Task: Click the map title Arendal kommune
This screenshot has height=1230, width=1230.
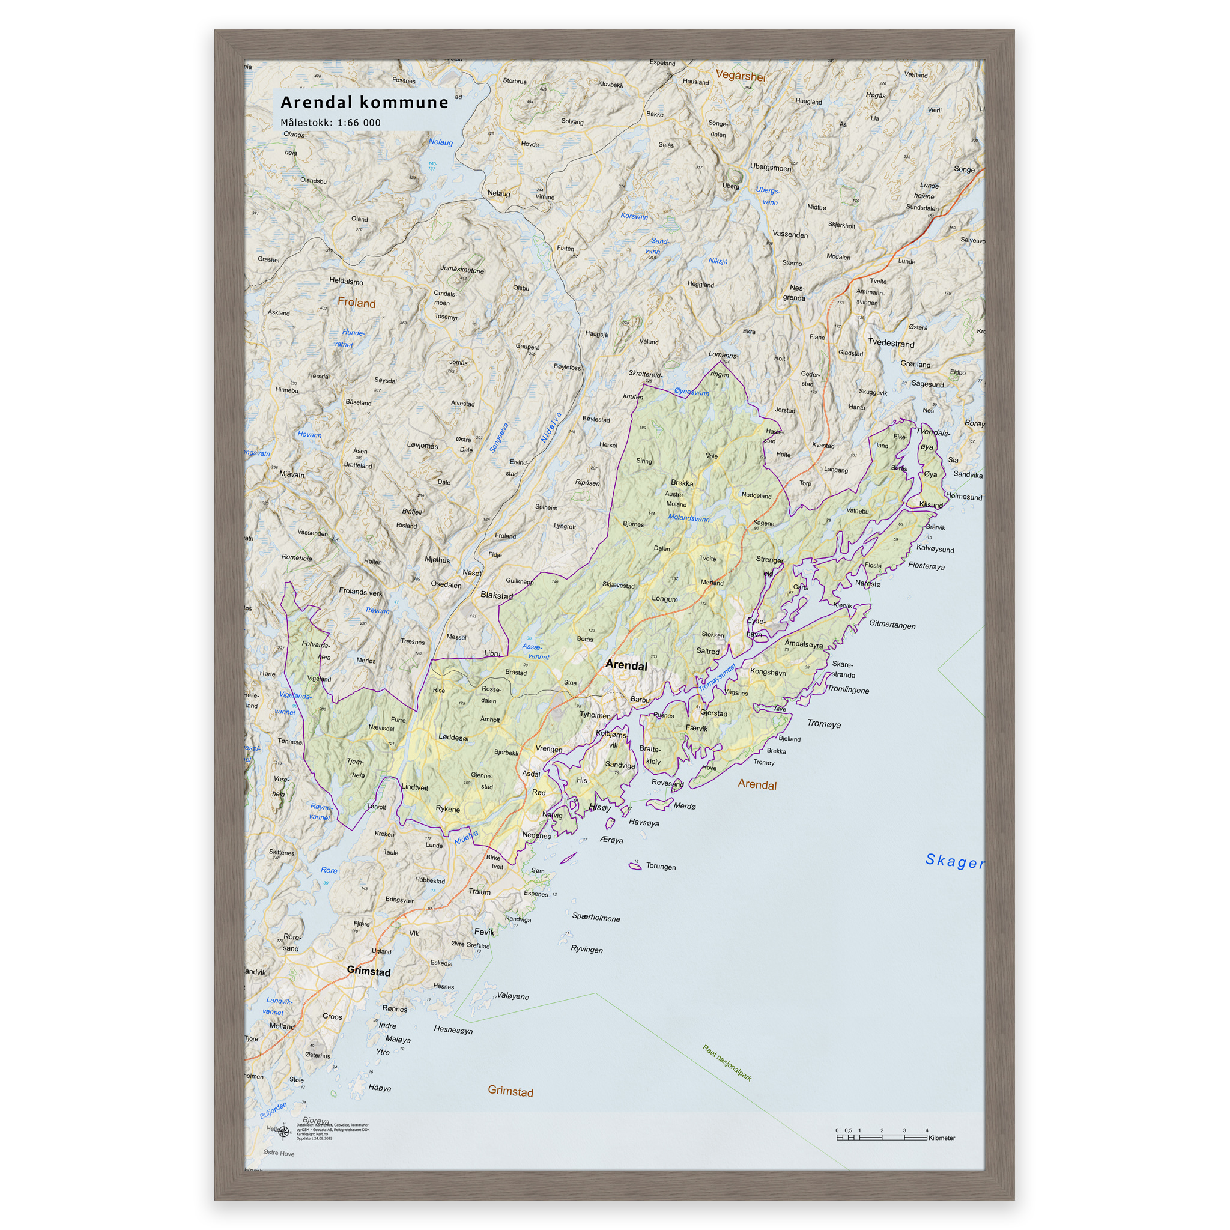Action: [364, 103]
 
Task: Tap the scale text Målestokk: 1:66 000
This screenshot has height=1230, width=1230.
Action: [330, 123]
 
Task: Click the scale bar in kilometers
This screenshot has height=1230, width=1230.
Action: [881, 1137]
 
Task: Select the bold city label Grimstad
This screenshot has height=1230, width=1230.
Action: [369, 971]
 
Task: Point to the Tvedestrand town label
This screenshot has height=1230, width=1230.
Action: [891, 343]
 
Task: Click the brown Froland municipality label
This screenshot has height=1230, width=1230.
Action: [357, 303]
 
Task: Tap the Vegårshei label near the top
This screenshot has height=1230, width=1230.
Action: [741, 76]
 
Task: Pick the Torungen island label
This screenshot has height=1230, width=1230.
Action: [661, 867]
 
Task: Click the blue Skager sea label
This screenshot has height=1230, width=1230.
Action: [954, 861]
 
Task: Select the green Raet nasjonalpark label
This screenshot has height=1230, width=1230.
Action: [727, 1062]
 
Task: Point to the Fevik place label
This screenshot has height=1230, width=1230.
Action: [484, 932]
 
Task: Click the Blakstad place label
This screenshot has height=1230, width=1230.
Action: [497, 596]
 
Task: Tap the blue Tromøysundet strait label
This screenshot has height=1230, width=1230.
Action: [718, 677]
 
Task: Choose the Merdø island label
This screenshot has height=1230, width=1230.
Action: [685, 806]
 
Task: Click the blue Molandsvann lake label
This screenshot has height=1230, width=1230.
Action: [689, 518]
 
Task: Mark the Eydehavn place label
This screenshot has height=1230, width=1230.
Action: [756, 628]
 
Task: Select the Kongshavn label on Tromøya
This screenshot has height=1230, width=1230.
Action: [768, 672]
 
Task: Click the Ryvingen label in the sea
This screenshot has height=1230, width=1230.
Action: [586, 950]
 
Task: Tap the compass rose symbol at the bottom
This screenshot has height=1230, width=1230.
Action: [284, 1132]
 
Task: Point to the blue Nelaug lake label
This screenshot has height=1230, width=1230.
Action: [441, 142]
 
